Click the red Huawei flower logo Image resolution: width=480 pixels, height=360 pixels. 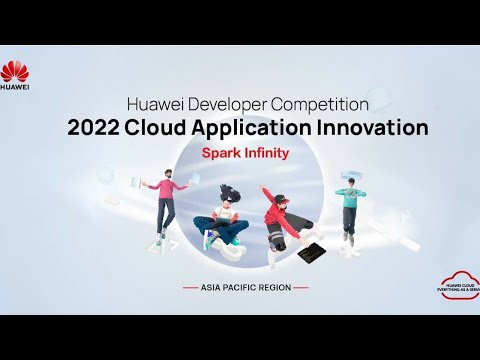point(17,71)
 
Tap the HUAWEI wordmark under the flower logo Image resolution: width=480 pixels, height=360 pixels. point(17,87)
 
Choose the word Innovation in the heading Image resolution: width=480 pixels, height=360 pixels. point(377,128)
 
